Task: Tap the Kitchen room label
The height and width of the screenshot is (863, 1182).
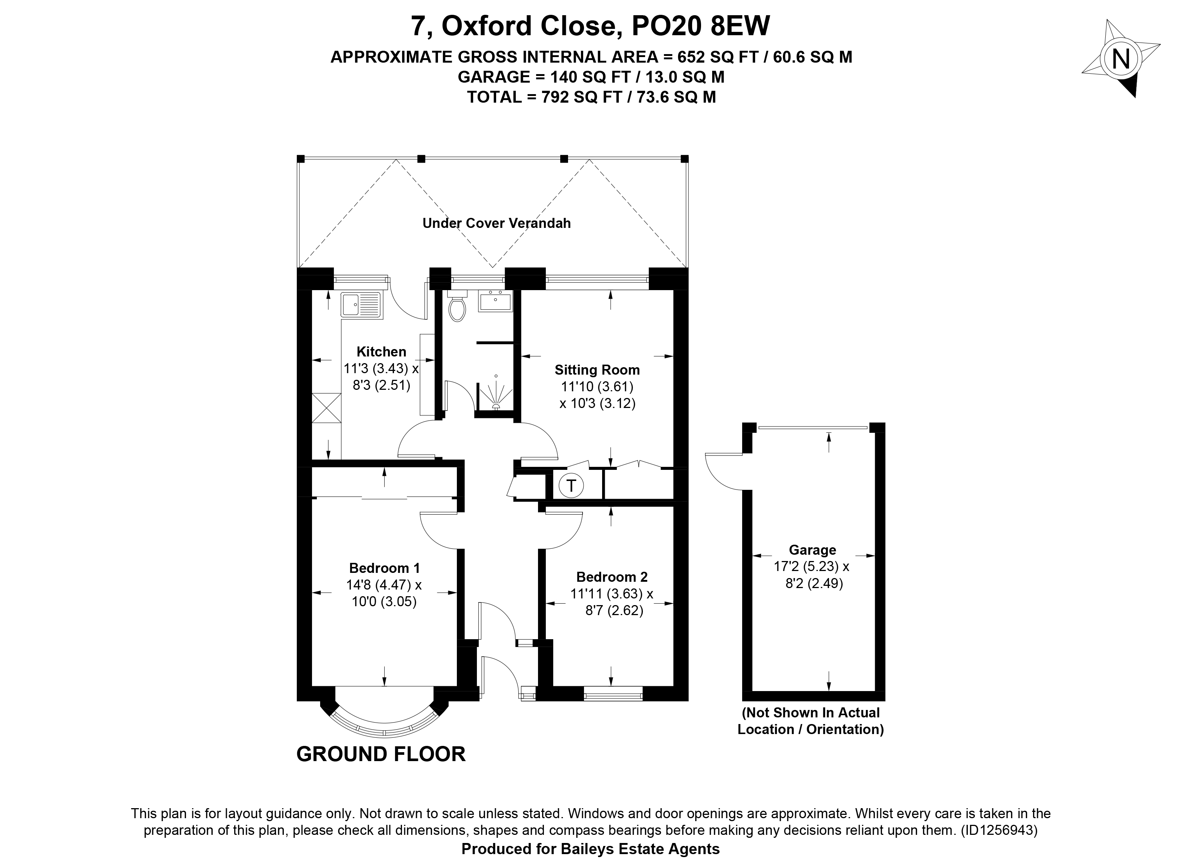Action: [381, 352]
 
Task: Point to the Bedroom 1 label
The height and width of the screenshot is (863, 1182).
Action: [384, 568]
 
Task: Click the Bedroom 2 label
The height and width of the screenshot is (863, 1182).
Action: [612, 577]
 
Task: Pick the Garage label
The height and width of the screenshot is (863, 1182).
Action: [812, 550]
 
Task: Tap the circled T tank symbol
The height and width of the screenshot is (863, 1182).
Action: [571, 486]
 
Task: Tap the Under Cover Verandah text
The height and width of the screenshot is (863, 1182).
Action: [496, 223]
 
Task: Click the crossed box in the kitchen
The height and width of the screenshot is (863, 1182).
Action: [326, 408]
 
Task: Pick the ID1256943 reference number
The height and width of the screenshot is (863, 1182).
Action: [997, 830]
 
